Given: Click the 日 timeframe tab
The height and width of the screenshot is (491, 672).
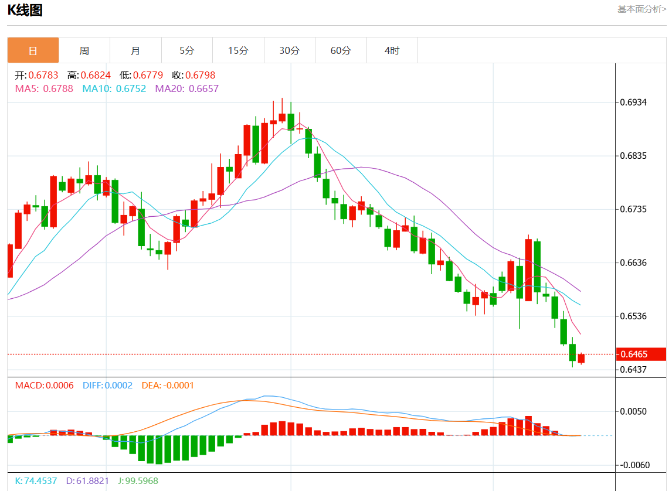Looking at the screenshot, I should click(33, 50).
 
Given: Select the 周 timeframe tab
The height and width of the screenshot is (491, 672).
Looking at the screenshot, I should click(84, 50).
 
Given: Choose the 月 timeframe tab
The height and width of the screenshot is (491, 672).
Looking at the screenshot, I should click(135, 50).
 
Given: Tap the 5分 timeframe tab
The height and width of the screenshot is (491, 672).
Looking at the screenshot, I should click(186, 50).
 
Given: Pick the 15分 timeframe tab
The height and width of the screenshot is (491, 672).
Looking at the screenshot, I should click(238, 50).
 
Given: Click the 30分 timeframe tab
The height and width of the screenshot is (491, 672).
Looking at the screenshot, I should click(289, 50).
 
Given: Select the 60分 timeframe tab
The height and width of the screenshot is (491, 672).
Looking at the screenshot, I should click(341, 50).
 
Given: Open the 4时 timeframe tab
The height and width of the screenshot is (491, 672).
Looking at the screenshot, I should click(392, 50).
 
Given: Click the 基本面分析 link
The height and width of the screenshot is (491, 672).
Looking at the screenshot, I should click(642, 9).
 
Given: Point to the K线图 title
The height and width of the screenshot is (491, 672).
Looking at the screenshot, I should click(25, 10).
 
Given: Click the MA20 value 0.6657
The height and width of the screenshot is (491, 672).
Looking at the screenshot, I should click(203, 88).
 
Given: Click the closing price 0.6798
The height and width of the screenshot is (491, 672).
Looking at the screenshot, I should click(201, 76).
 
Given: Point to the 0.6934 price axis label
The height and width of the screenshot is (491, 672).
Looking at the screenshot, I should click(633, 103).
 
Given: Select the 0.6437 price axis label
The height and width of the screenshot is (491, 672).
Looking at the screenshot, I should click(633, 369).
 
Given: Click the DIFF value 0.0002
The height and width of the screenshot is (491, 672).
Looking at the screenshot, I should click(119, 386).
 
